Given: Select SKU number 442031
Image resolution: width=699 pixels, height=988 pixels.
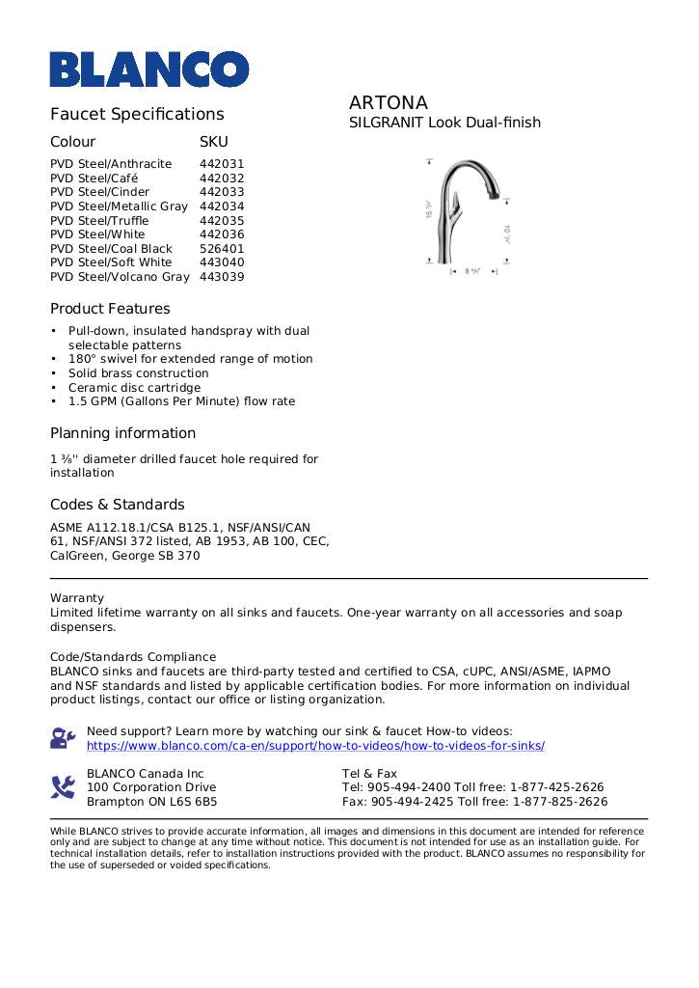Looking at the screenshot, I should [x=222, y=164].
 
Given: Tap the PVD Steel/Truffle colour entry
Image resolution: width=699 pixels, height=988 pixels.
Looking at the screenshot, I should [x=99, y=220].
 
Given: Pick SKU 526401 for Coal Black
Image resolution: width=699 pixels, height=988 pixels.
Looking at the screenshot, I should [x=222, y=248].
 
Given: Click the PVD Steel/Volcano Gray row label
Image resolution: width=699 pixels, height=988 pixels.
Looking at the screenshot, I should [x=120, y=276].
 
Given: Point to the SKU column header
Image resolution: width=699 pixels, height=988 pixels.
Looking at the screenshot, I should [x=213, y=141].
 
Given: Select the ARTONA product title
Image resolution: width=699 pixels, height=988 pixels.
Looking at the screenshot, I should [x=388, y=102].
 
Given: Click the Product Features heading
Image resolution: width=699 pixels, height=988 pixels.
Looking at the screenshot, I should [x=110, y=309].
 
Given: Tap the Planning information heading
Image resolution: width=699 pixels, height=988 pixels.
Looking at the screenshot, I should [x=122, y=433].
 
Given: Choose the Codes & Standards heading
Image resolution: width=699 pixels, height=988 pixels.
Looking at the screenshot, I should [x=117, y=505].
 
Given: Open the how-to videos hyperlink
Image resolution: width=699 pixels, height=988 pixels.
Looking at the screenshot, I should [x=315, y=746].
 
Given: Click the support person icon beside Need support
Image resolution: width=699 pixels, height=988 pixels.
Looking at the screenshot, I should [x=63, y=739].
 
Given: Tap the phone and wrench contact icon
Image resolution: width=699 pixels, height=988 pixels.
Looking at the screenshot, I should [x=63, y=787].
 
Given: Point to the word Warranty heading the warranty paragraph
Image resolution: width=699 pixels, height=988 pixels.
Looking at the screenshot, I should [x=77, y=598].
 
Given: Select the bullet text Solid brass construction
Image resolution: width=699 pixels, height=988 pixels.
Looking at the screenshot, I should [x=138, y=372].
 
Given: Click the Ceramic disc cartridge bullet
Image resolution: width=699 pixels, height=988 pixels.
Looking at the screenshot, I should [x=134, y=387].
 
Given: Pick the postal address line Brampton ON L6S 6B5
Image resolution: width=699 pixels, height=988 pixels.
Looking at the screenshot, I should [x=151, y=802].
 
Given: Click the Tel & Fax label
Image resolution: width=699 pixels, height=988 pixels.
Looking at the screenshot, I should [x=369, y=774].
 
